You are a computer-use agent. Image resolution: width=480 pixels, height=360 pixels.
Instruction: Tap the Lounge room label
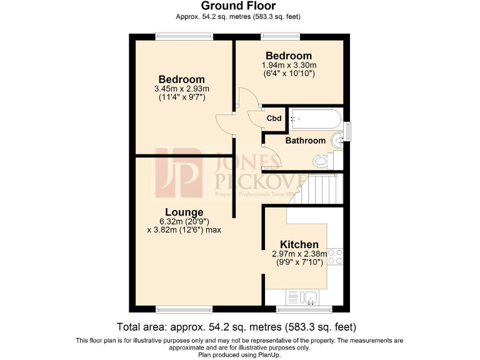pos(184,212)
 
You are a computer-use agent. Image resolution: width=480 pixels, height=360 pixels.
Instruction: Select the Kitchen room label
pos(299,244)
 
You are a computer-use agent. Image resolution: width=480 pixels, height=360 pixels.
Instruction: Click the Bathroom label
pos(305,141)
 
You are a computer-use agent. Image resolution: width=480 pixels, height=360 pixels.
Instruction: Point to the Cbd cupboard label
pos(274,118)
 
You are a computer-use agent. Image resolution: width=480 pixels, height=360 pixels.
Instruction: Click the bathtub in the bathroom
pos(316,117)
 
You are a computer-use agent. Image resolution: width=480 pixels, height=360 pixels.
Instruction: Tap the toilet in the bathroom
pos(321,161)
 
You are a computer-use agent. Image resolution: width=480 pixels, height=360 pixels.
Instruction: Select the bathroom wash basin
pos(338,139)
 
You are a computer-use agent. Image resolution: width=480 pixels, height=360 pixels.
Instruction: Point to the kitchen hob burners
pos(336,257)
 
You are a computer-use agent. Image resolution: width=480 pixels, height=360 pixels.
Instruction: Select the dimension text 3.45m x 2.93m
pos(181,89)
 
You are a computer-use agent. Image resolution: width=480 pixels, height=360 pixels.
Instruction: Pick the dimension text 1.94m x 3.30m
pos(288,65)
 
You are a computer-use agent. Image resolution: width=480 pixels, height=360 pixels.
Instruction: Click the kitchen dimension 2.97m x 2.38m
pos(299,254)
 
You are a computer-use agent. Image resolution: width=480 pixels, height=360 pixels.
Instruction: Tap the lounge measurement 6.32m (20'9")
pos(184,221)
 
